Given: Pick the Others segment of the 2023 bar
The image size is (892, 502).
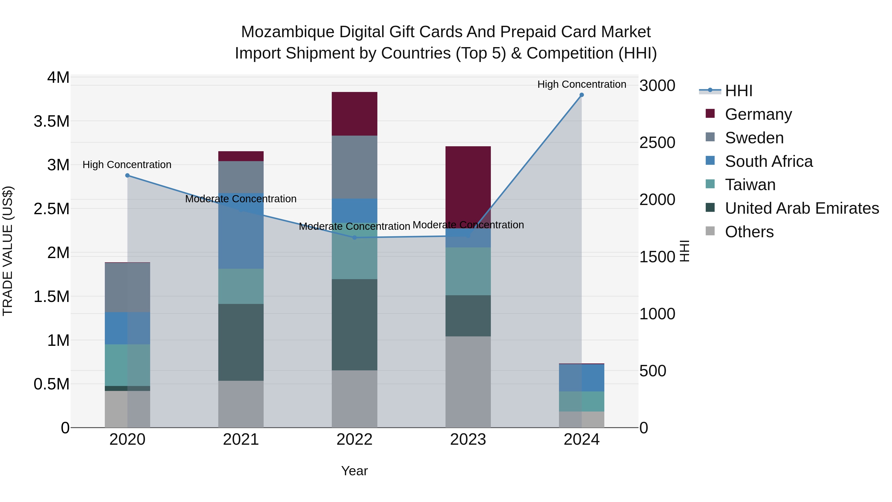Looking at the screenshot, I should tap(468, 382).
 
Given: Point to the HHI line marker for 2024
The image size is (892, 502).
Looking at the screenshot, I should tap(581, 95).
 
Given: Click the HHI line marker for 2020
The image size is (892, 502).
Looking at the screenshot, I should tap(127, 175).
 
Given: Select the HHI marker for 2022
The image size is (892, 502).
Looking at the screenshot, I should tap(354, 237).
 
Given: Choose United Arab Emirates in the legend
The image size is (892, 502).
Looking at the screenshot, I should tap(802, 208).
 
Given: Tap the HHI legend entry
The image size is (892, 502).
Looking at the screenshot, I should tap(738, 91).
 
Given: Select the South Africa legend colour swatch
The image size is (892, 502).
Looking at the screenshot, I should tap(710, 161).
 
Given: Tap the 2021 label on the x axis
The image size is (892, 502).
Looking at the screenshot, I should tap(241, 439).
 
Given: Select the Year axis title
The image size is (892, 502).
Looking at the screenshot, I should tap(354, 471).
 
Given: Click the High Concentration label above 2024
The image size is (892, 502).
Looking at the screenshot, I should tap(581, 84).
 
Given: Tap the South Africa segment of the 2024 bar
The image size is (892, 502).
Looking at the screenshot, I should tap(581, 377).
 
